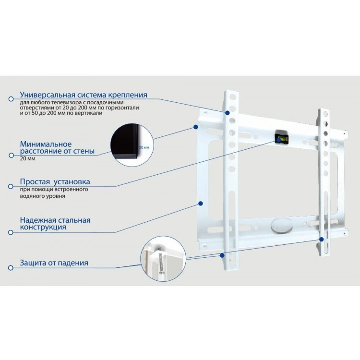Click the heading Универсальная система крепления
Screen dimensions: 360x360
click(x=84, y=95)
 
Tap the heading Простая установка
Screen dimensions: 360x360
click(x=55, y=182)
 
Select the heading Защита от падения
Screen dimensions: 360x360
click(x=54, y=263)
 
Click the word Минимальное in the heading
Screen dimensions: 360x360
click(x=46, y=144)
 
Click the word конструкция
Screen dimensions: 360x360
click(x=43, y=228)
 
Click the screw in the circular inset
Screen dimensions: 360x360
click(x=161, y=260)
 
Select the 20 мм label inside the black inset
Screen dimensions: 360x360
click(x=144, y=147)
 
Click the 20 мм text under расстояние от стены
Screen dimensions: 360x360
click(x=27, y=159)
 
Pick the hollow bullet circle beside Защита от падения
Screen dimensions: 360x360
click(x=11, y=268)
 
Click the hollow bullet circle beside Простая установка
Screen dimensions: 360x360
click(x=11, y=186)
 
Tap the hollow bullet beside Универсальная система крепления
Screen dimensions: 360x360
click(x=11, y=99)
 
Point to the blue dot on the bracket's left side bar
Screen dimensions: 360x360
click(x=201, y=203)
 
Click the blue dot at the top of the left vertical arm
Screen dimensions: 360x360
click(x=228, y=113)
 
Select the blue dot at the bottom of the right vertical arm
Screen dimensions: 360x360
click(x=322, y=239)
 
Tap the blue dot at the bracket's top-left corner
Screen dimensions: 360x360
click(x=196, y=127)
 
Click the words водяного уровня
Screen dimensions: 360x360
click(x=42, y=196)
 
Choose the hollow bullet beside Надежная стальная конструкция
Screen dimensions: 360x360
click(x=11, y=232)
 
